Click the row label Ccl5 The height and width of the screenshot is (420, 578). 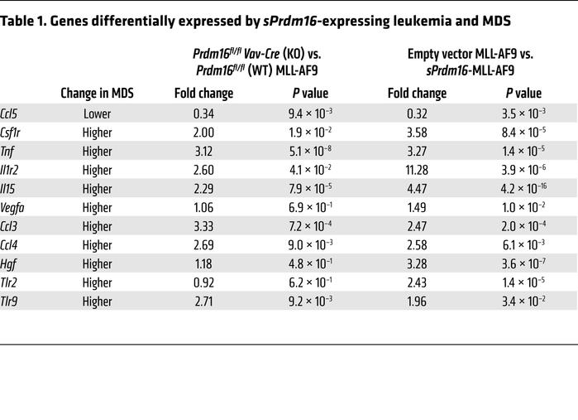(12, 113)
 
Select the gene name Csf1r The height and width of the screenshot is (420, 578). (14, 133)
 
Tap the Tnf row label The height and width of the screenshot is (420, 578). (10, 152)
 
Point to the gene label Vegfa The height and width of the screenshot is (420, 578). (15, 208)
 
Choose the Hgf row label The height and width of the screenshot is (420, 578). (10, 264)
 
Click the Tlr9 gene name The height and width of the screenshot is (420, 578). (12, 302)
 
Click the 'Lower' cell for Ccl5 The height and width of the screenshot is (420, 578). (97, 113)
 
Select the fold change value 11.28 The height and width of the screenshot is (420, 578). (417, 170)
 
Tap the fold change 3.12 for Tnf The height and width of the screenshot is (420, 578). (203, 152)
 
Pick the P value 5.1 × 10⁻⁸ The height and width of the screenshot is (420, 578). (313, 152)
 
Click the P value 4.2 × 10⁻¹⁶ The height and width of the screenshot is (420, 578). (523, 189)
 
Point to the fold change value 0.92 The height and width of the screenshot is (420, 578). (203, 283)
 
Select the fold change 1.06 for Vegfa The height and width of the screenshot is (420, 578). (203, 208)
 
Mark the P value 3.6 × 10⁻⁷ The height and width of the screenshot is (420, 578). (523, 264)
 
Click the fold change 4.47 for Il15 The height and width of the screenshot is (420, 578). (417, 189)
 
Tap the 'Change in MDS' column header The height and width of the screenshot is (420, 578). (98, 94)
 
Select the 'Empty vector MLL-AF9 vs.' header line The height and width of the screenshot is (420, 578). (470, 54)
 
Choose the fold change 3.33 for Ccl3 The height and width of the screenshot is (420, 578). (203, 227)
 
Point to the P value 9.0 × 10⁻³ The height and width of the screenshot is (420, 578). (313, 245)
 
